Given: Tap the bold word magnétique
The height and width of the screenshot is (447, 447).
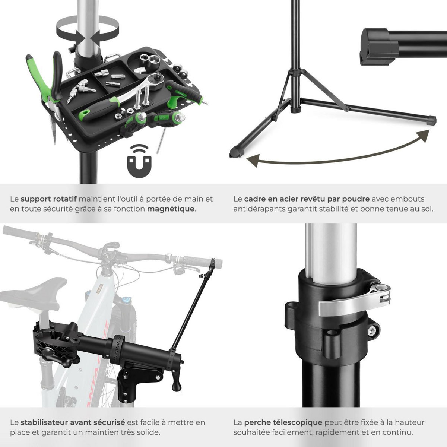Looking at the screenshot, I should (x=171, y=209).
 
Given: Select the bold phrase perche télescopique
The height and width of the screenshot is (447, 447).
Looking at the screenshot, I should (x=283, y=422).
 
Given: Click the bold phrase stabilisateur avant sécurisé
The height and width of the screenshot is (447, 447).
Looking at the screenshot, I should (x=73, y=422).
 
